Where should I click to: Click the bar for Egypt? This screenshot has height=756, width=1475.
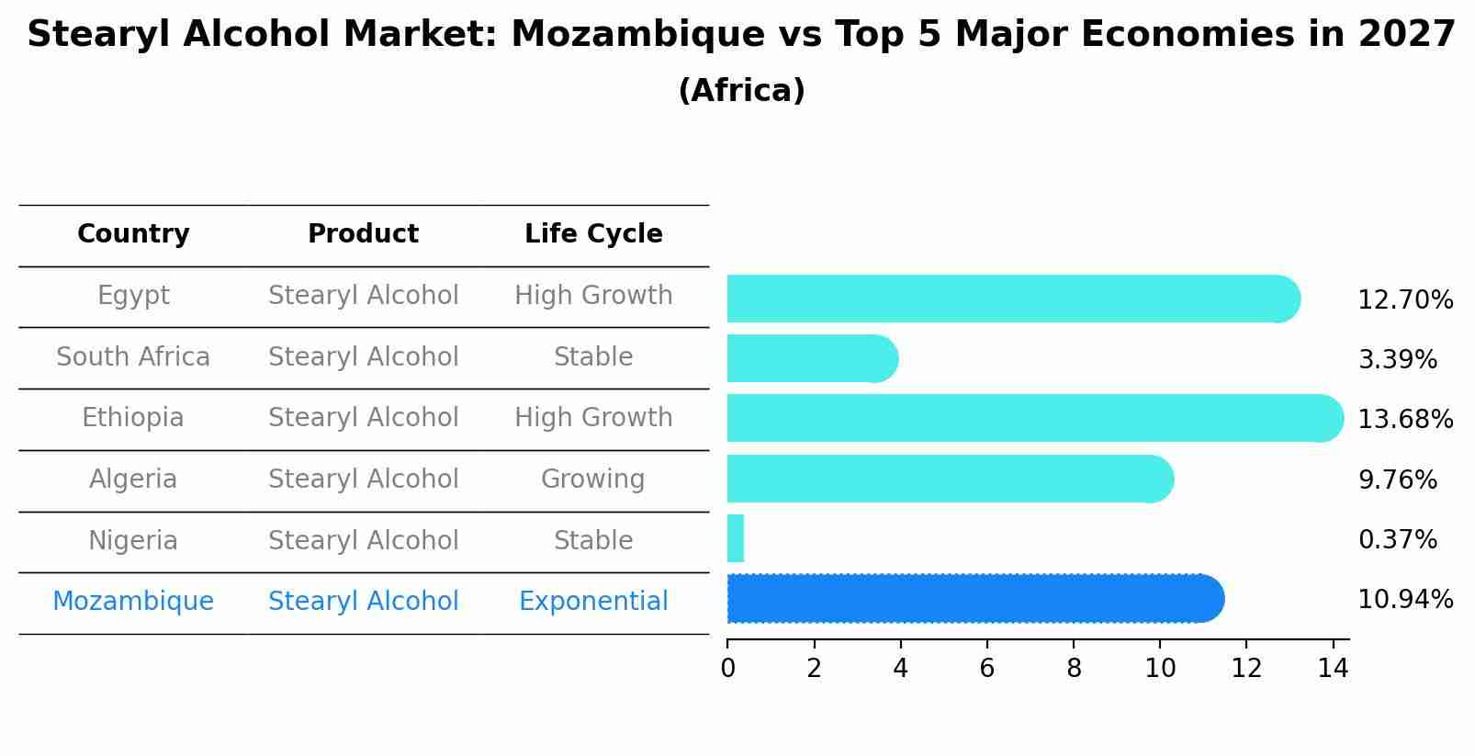(x=1010, y=299)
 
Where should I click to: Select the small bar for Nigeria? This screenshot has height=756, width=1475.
(x=736, y=538)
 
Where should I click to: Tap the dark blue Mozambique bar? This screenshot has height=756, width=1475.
(x=974, y=599)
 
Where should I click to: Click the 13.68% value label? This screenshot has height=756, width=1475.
(x=1405, y=420)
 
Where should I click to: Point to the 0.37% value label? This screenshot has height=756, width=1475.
(x=1397, y=540)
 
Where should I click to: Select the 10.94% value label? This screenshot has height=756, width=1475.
(x=1405, y=600)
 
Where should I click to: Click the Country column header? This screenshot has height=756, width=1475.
(x=133, y=234)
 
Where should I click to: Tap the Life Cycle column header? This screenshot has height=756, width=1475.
(x=593, y=234)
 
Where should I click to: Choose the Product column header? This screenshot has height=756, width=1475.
(x=363, y=234)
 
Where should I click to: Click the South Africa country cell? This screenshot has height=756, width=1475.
(x=133, y=357)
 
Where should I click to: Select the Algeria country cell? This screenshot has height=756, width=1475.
(x=133, y=480)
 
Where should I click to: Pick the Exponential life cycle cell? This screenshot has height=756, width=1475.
(x=593, y=602)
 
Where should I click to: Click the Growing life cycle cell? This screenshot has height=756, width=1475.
(x=593, y=480)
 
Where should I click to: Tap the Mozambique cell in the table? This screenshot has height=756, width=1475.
(x=133, y=602)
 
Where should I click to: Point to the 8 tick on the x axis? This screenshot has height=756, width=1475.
(x=1074, y=669)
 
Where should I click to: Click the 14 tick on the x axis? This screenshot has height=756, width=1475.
(x=1333, y=669)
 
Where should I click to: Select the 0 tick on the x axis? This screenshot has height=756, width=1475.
(x=727, y=669)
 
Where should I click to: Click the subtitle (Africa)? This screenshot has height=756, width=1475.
(x=741, y=91)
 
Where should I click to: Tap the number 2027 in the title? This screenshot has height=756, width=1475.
(x=1406, y=35)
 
